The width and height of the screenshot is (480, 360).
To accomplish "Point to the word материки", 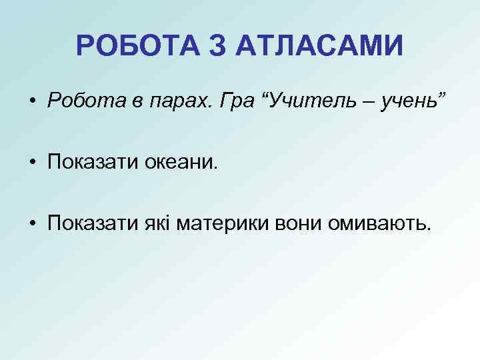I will pyautogui.click(x=223, y=225).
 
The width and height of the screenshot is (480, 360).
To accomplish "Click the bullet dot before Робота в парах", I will pyautogui.click(x=33, y=102).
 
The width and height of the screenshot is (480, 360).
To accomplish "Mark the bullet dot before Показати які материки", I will pyautogui.click(x=33, y=225).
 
